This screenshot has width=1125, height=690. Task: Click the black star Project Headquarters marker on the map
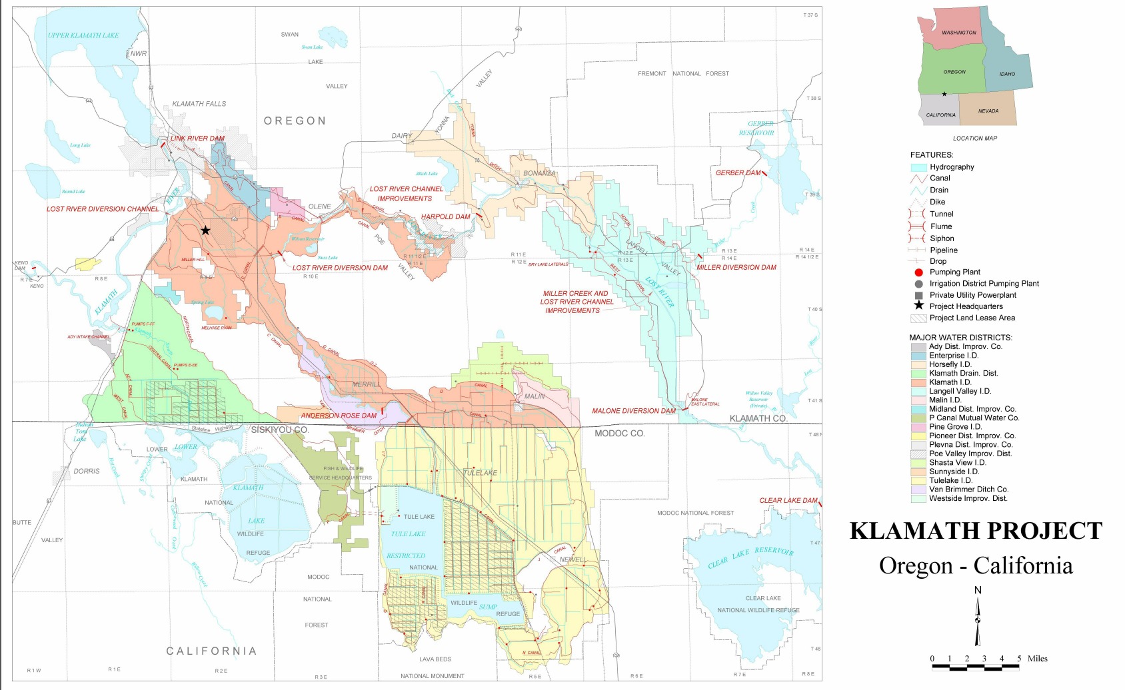point(206,230)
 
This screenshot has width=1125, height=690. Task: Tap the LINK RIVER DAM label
point(197,139)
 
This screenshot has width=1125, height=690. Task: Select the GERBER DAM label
point(738,173)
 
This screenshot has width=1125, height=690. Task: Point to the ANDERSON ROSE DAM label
point(339,416)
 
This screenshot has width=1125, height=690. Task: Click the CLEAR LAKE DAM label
point(788,501)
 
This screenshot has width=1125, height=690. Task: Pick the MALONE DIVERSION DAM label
point(634,411)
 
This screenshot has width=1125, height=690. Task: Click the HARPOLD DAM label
point(445,217)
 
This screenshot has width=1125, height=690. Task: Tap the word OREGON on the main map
point(295,121)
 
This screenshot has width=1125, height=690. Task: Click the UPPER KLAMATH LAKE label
point(83,36)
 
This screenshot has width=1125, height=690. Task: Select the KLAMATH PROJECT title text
point(976,531)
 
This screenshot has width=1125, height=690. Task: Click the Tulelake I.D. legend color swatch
point(918,481)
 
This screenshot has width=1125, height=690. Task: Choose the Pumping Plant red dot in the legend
point(918,272)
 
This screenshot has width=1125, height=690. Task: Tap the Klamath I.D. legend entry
point(950,382)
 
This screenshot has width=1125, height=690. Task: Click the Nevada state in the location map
point(988,111)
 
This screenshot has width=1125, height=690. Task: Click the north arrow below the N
point(978,621)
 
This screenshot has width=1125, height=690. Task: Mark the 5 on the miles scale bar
point(1018,659)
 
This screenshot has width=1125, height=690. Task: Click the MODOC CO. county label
point(619,434)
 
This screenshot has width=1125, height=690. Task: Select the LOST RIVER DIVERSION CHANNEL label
point(103,209)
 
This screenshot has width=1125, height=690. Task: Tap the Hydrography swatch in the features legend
point(918,168)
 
